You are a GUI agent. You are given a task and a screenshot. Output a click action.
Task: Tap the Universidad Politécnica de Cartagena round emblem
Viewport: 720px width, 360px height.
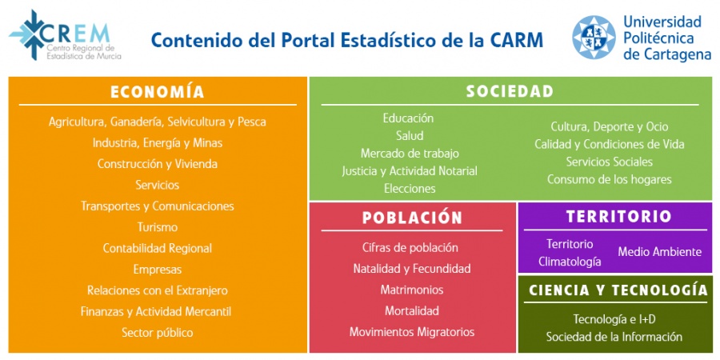[x=594, y=37]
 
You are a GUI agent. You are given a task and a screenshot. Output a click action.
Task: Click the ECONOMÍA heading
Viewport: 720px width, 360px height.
[x=158, y=91]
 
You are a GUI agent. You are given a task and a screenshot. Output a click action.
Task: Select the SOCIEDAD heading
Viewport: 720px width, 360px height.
[x=510, y=91]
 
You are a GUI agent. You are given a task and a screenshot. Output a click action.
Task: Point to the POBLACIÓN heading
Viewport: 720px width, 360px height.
[x=412, y=217]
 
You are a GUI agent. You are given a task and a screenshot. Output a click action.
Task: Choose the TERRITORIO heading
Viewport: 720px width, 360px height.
[x=618, y=216]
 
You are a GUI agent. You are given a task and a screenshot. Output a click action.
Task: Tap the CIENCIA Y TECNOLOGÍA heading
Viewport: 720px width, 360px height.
[x=618, y=290]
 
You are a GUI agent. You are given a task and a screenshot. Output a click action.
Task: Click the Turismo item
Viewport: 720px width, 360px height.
[x=158, y=227]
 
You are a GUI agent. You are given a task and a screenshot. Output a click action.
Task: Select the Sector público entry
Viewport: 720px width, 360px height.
[x=158, y=333]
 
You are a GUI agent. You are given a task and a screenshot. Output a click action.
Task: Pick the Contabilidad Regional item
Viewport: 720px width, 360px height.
[x=158, y=249]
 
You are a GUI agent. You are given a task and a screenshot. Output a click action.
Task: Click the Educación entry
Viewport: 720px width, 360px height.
[x=408, y=118]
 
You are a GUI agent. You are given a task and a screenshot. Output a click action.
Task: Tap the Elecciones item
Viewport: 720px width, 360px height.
[x=410, y=188]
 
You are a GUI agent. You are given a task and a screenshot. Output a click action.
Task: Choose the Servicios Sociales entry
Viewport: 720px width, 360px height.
[x=610, y=162]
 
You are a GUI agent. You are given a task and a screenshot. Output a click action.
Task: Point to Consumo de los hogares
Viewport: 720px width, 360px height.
[x=610, y=179]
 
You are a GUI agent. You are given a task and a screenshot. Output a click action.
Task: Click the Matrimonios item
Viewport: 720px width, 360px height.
[x=412, y=290]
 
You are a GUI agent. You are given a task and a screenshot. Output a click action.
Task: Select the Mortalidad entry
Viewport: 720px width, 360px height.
[x=412, y=311]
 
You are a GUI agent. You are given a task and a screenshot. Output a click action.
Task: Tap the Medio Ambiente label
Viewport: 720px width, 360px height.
[x=660, y=252]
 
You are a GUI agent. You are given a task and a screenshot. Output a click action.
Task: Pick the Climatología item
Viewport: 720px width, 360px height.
[x=570, y=262]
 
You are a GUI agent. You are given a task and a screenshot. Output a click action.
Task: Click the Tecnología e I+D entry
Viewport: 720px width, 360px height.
[x=614, y=318]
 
